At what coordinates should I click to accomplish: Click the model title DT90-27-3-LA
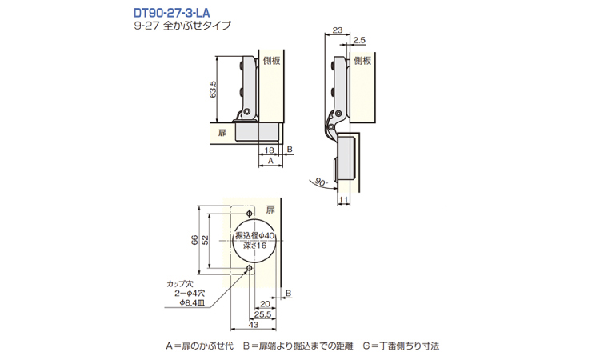(x=171, y=13)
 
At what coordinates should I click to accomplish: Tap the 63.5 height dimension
(x=213, y=89)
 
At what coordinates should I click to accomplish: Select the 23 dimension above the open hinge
(x=337, y=30)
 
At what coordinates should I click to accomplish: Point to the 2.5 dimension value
(x=359, y=40)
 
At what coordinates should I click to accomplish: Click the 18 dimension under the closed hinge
(x=269, y=150)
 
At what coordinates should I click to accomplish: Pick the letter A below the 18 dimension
(x=270, y=161)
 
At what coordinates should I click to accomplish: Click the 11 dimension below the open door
(x=343, y=200)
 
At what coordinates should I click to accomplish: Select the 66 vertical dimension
(x=194, y=240)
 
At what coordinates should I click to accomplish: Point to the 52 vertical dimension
(x=205, y=240)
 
